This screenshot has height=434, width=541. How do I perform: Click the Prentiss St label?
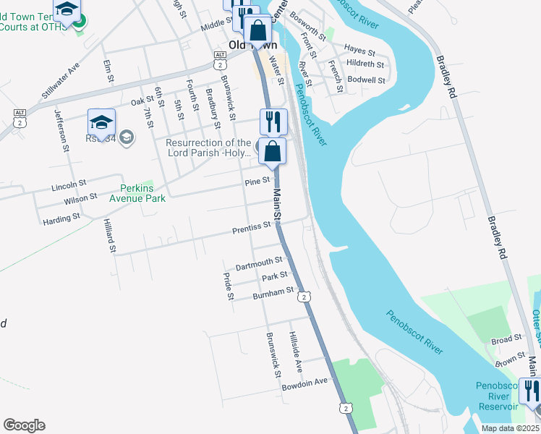point(251,226)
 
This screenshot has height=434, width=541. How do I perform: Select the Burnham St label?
point(273,293)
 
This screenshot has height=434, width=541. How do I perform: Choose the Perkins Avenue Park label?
point(137,194)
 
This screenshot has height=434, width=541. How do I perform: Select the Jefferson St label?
point(61,130)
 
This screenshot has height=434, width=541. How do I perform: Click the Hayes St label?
point(359,51)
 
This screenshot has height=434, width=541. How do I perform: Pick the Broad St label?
point(506,339)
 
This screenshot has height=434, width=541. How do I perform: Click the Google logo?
point(24,425)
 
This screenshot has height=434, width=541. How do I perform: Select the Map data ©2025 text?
point(510,428)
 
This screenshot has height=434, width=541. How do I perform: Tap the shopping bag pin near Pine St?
point(273,152)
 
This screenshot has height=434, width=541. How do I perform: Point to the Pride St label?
point(229,286)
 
